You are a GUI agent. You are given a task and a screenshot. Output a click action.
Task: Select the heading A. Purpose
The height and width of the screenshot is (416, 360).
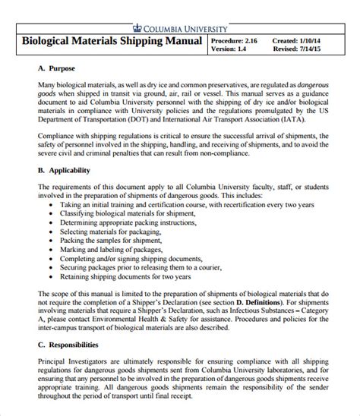tap(58, 68)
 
